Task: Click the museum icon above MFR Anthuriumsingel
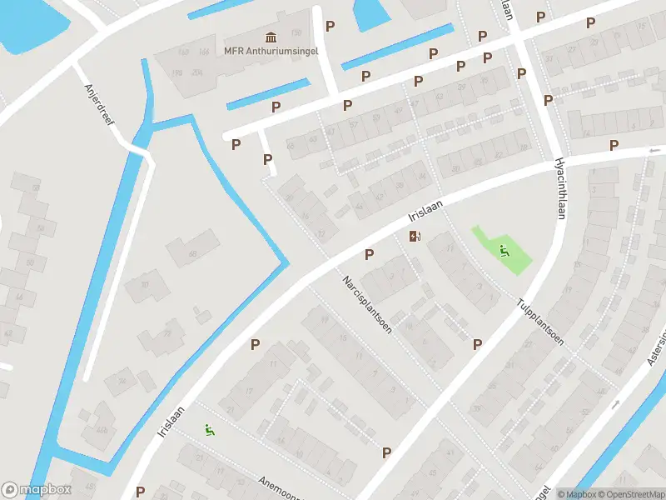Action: [x=271, y=37]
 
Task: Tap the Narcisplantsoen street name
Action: [x=363, y=297]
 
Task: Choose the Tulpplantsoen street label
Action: [x=539, y=321]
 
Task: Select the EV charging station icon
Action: [x=415, y=237]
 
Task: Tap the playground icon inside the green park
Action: [x=504, y=249]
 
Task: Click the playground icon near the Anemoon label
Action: [x=210, y=430]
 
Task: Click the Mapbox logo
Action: [x=37, y=490]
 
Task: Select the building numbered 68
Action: [x=192, y=253]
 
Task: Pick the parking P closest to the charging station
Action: [x=369, y=254]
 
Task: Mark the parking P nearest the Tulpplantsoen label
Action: [x=478, y=344]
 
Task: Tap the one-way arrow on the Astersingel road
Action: [x=616, y=404]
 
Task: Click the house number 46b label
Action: [x=102, y=430]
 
